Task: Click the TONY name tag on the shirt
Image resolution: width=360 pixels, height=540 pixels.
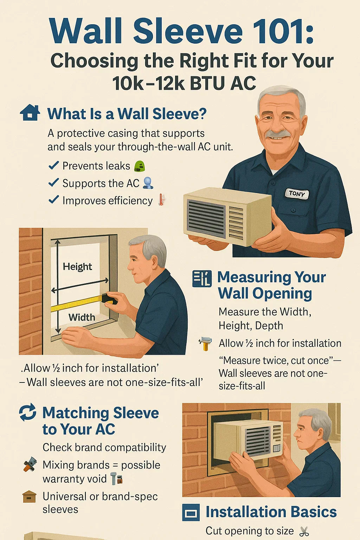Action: (297, 194)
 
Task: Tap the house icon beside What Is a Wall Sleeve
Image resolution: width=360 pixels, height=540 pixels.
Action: (30, 113)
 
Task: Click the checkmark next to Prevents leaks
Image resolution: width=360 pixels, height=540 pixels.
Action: (53, 165)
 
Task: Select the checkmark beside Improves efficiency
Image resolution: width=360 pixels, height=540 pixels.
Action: (53, 200)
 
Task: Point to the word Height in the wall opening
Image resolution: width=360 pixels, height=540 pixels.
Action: (77, 266)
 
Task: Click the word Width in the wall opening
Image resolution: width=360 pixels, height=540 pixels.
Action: (82, 317)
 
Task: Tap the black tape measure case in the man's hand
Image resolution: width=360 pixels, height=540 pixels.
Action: (109, 299)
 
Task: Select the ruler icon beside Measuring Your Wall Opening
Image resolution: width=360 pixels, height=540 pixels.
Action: (202, 279)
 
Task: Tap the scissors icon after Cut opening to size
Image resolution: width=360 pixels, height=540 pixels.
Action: (304, 531)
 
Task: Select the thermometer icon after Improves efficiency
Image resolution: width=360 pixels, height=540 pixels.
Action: (161, 200)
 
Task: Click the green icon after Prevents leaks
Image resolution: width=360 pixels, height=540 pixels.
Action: (140, 166)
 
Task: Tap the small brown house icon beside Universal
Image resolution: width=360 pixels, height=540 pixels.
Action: (29, 497)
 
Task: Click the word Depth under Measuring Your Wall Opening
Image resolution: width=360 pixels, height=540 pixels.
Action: (269, 326)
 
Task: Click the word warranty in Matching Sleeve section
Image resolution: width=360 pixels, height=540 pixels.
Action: (75, 479)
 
